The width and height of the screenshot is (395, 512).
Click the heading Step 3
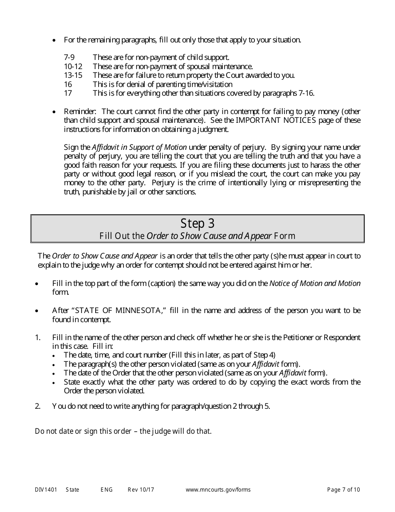(197, 224)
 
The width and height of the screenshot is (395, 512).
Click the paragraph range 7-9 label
(69, 58)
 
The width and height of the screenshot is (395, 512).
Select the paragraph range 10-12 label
(73, 67)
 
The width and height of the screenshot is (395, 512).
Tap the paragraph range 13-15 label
(73, 75)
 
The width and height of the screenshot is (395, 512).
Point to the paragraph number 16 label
(68, 85)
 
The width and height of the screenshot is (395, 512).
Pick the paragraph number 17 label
(68, 93)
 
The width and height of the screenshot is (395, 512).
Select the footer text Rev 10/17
(141, 490)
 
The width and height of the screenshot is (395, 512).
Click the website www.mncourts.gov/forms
(218, 490)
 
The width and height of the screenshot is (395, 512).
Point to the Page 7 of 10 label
(343, 490)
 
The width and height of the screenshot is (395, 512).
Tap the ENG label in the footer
(106, 490)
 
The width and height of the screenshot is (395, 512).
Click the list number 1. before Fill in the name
(38, 338)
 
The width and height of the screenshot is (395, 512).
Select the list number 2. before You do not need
(38, 406)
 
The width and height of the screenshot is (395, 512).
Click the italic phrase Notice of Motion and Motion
(315, 283)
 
